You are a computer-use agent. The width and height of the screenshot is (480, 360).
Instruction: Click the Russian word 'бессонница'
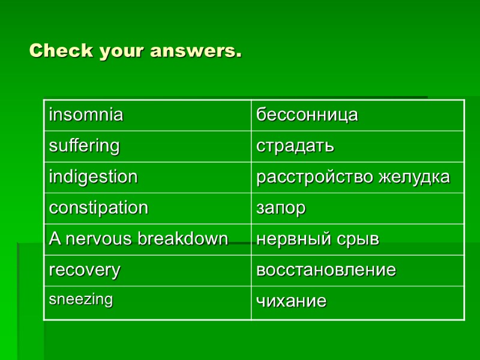tap(307, 115)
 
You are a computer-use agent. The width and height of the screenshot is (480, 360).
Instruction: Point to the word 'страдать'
tap(295, 146)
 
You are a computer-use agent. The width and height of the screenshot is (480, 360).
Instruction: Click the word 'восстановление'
tap(326, 271)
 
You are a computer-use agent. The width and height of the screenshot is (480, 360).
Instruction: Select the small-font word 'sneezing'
tap(80, 300)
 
